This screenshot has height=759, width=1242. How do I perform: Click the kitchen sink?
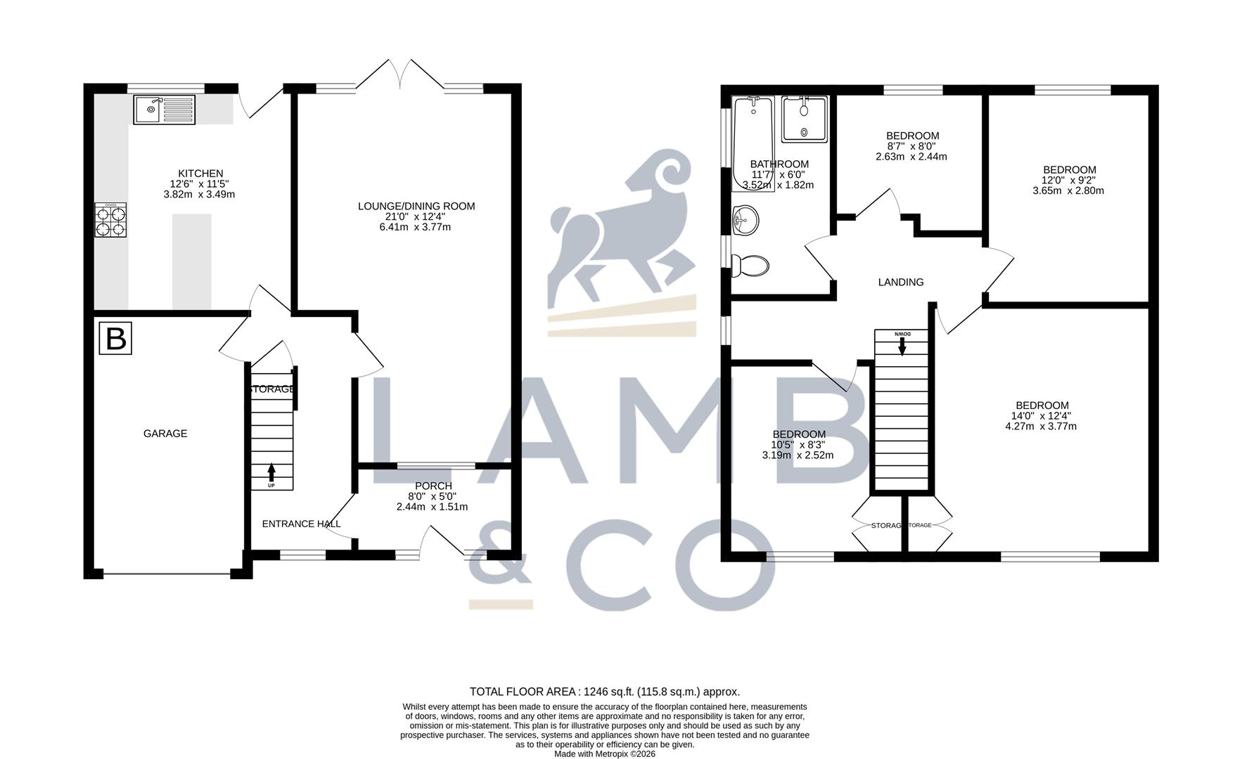point(164,109)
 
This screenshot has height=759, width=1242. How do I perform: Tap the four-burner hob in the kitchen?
point(111,220)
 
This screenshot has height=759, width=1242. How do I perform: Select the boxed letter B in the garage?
point(115,338)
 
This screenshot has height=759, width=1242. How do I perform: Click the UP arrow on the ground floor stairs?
point(271,473)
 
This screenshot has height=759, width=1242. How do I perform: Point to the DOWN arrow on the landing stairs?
point(902,345)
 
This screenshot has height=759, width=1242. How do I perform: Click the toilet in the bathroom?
point(750,266)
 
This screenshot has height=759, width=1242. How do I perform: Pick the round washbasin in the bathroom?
point(745,220)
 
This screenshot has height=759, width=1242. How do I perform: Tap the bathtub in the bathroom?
point(753,144)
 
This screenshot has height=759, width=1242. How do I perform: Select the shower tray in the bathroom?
point(804,119)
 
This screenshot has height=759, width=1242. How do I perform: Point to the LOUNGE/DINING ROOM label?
point(416,206)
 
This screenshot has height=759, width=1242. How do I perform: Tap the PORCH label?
point(433,486)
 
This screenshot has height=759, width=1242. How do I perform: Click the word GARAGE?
point(165,434)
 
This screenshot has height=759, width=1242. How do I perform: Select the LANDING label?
point(901,282)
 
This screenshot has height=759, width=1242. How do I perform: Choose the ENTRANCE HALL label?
point(302,524)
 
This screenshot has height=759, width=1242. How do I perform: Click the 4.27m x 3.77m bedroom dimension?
point(1041,426)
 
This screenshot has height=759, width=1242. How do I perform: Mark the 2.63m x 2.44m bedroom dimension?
point(911,157)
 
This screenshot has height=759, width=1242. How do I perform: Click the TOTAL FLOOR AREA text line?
point(605,692)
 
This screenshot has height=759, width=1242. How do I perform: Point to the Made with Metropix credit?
point(605,754)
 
